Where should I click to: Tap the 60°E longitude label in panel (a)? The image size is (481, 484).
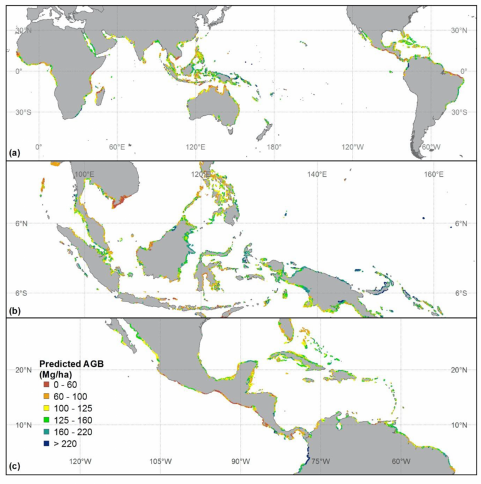tap(117, 147)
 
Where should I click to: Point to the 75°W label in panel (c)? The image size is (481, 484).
tap(321, 461)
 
